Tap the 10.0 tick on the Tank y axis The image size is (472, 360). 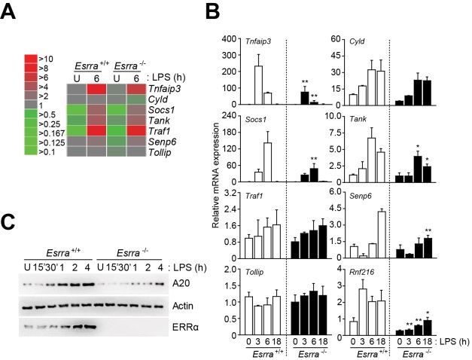click(x=329, y=116)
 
